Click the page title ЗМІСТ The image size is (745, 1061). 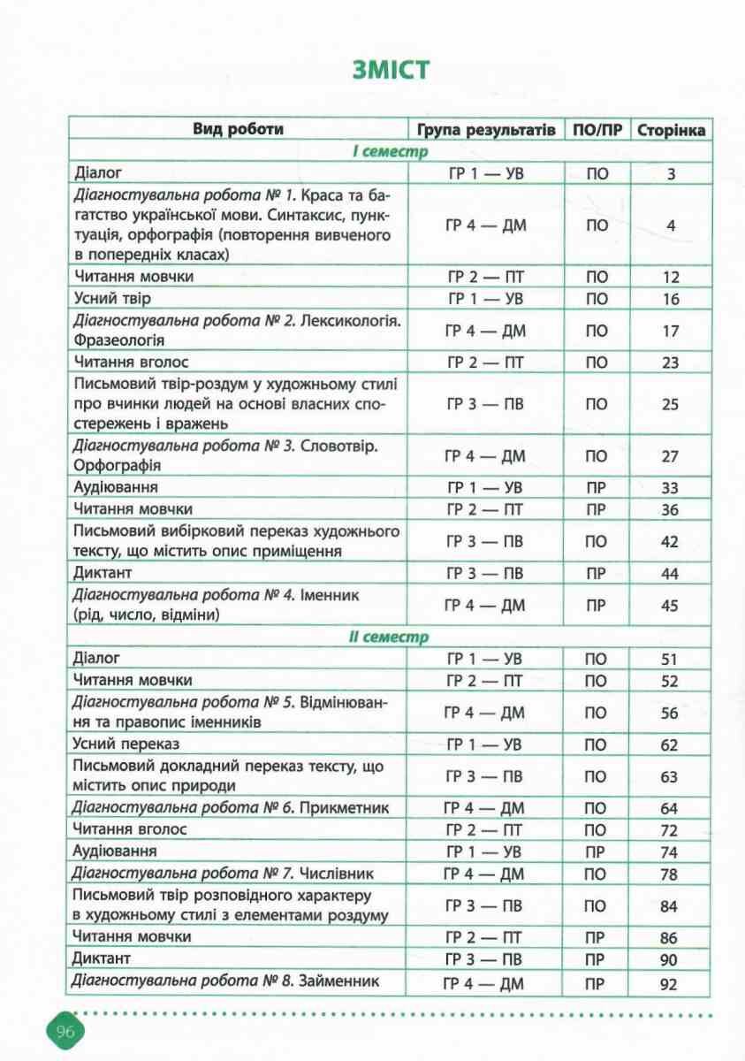(x=390, y=70)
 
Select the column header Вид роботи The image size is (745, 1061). (x=238, y=129)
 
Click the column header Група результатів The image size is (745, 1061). (x=486, y=130)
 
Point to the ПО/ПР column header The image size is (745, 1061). (x=597, y=130)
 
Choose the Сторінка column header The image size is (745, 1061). (x=671, y=130)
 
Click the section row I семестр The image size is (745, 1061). (x=389, y=152)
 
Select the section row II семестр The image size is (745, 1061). (x=389, y=637)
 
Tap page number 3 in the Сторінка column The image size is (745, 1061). (x=671, y=174)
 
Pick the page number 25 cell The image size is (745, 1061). (x=671, y=404)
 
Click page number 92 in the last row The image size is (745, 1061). (x=671, y=983)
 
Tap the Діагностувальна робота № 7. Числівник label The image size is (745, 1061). (x=224, y=874)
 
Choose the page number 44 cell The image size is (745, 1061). (x=671, y=574)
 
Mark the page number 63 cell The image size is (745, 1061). (x=671, y=777)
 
